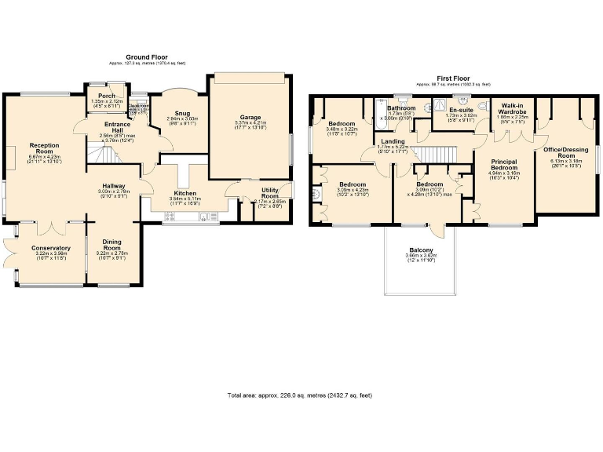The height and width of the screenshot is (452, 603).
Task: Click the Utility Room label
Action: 269,193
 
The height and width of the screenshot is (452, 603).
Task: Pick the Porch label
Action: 107,96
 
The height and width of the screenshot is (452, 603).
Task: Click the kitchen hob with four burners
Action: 170,217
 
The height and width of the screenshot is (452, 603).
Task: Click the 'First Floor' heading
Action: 453,78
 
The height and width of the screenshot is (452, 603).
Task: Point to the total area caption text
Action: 299,395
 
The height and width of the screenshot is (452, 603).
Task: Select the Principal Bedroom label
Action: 502,165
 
